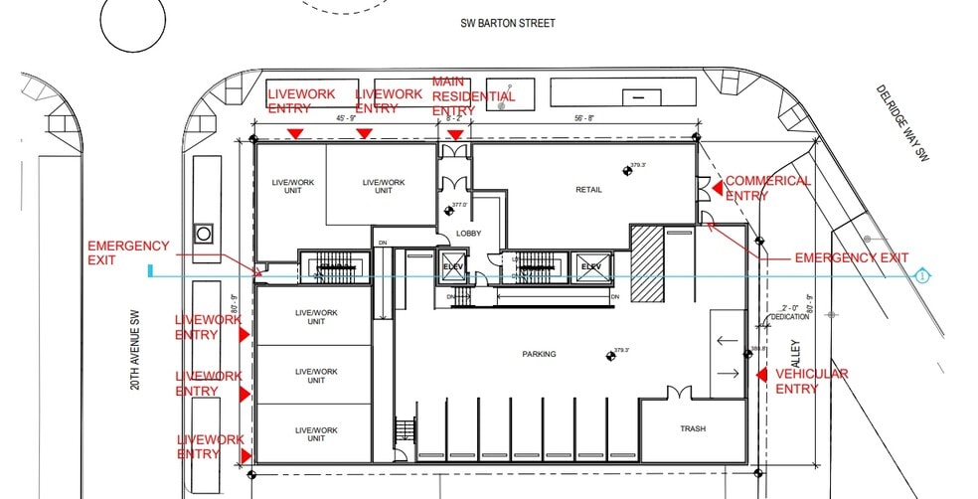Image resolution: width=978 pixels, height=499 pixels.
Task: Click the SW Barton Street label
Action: [508, 23]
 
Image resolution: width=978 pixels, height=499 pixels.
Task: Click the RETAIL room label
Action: [589, 190]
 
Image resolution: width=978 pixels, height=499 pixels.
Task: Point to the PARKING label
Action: [540, 354]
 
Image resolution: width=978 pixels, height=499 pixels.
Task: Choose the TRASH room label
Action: [693, 428]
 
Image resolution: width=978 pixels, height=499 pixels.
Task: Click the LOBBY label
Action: [468, 234]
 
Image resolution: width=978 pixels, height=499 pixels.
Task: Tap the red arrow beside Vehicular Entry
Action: [761, 375]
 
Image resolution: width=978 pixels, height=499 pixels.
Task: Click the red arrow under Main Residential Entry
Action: [455, 134]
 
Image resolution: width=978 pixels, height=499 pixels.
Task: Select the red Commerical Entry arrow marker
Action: [713, 186]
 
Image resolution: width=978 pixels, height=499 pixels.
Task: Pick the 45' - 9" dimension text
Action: [347, 118]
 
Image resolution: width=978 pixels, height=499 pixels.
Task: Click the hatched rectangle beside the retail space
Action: [647, 262]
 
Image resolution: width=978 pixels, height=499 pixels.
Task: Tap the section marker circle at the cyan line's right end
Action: [922, 275]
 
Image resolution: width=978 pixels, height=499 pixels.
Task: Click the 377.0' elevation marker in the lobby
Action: [446, 209]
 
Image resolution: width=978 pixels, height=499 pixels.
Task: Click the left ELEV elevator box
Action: [452, 267]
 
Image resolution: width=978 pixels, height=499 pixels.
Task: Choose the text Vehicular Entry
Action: [811, 381]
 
